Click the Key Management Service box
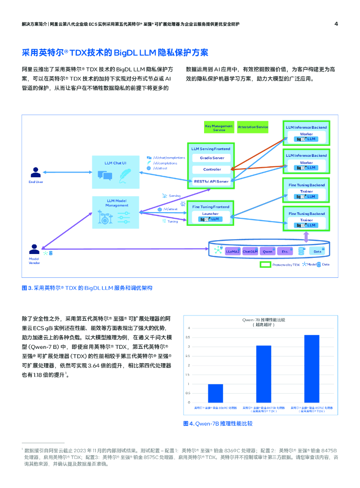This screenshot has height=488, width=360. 219,128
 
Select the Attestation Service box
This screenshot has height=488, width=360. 253,127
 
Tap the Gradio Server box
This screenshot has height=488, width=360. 212,158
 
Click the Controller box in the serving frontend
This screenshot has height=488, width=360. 212,169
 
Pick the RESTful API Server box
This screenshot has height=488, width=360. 212,181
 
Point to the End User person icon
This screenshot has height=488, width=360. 35,173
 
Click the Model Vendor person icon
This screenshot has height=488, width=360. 34,249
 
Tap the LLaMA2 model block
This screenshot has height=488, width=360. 233,251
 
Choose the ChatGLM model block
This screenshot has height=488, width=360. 250,251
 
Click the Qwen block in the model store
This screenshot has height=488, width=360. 267,251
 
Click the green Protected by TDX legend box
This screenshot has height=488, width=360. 265,264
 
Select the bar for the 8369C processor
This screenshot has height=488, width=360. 215,393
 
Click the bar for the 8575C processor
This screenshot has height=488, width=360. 312,368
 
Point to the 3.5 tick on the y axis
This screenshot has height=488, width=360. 188,337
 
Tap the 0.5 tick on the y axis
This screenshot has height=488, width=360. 188,393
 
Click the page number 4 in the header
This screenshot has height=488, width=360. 336,24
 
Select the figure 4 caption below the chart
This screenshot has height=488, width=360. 217,423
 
